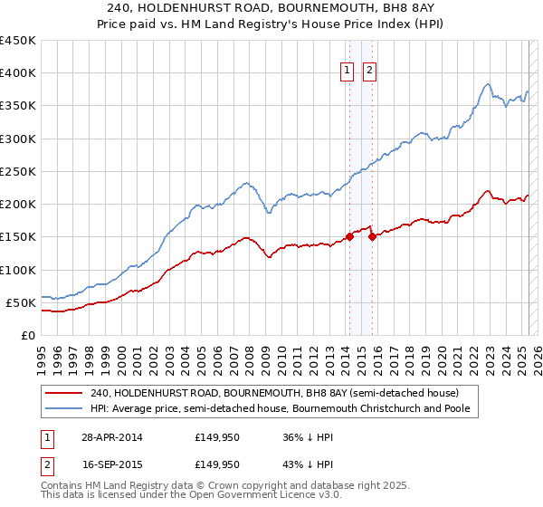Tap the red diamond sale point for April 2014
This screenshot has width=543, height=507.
pyautogui.click(x=349, y=237)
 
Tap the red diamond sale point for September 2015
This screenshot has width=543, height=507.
pyautogui.click(x=372, y=237)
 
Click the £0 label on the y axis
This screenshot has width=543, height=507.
pyautogui.click(x=27, y=335)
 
